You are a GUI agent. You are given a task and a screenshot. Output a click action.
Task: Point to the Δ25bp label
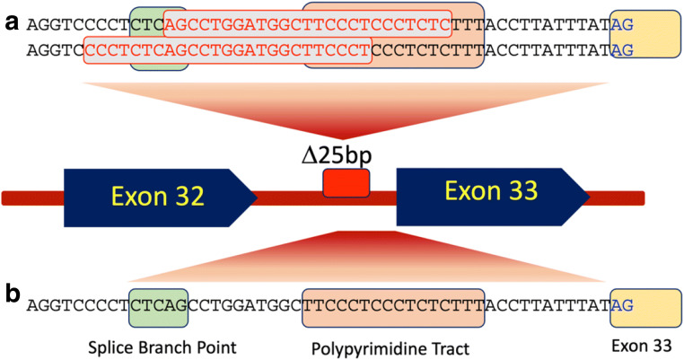tap(346, 154)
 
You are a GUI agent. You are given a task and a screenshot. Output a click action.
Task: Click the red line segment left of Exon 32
tap(32, 197)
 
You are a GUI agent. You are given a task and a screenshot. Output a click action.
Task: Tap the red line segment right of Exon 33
tap(619, 197)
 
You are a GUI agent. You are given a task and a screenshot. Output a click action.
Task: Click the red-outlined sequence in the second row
tap(227, 50)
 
